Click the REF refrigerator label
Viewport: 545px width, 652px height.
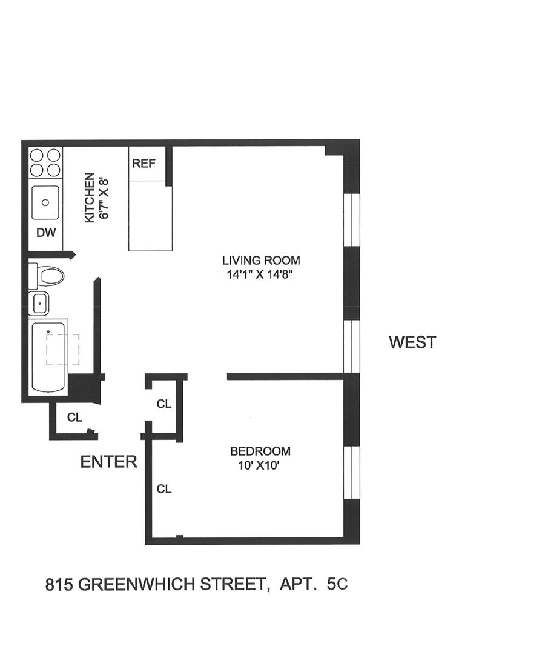(x=144, y=164)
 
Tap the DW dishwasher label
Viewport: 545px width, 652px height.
(x=45, y=232)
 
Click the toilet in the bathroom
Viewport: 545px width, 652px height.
(x=47, y=276)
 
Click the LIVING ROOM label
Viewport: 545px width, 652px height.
(x=261, y=261)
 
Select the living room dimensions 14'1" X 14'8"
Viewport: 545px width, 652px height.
(x=261, y=274)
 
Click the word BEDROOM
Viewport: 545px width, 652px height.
(x=260, y=451)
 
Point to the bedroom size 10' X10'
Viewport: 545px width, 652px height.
(x=260, y=465)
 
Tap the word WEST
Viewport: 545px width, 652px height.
(x=412, y=342)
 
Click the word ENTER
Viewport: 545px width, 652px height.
(x=109, y=462)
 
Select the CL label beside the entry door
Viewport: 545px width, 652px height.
(x=74, y=417)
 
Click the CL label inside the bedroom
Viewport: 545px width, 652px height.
(x=163, y=488)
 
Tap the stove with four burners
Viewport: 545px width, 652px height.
(x=45, y=162)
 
